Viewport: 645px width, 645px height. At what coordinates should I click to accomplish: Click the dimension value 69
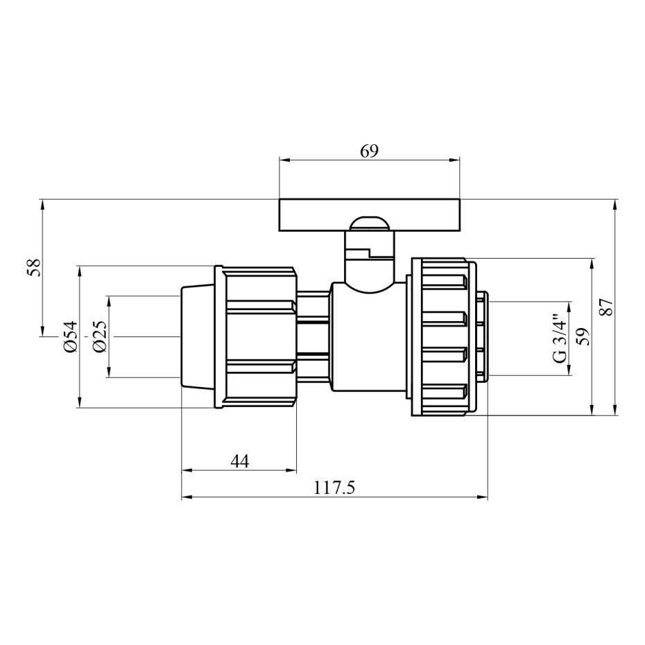point(369,151)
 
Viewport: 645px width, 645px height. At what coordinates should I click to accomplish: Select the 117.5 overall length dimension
point(334,488)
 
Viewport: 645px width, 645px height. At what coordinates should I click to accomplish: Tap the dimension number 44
point(239,461)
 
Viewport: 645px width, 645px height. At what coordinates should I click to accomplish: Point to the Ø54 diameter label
point(70,336)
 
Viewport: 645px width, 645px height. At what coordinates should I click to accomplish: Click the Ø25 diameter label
point(100,336)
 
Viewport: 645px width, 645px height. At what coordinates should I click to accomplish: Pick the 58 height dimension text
point(35,268)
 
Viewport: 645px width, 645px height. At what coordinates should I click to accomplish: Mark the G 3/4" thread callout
point(560,339)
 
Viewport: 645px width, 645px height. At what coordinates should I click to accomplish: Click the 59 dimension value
point(583,336)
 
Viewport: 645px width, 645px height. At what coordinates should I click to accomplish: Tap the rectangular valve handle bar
point(369,215)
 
